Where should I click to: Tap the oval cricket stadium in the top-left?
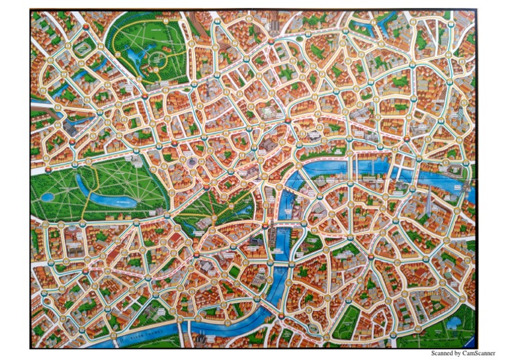click(83, 47)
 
